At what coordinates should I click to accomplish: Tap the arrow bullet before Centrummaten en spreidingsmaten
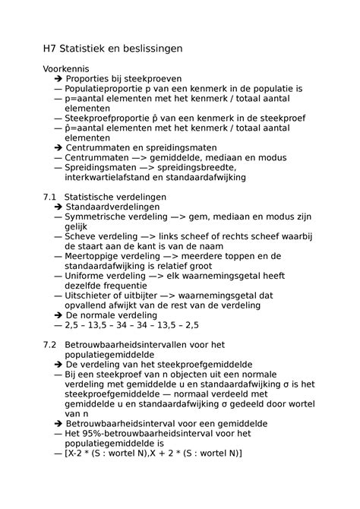click(x=58, y=147)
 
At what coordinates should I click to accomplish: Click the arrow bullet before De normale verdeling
click(x=58, y=315)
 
